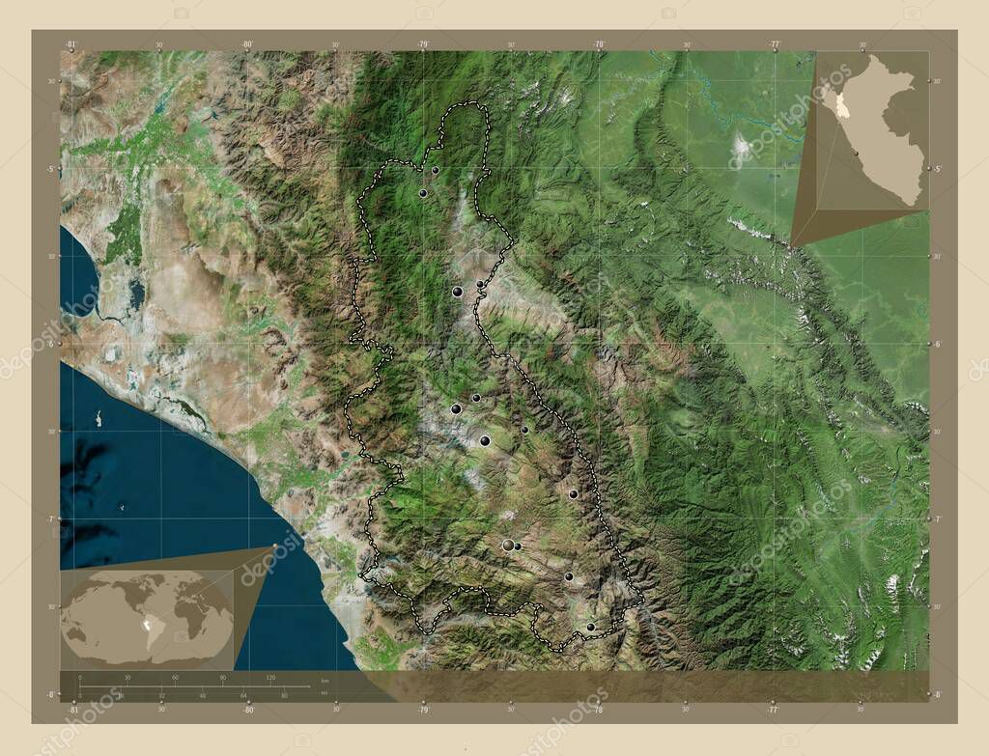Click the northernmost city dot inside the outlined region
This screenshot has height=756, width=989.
click(436, 170)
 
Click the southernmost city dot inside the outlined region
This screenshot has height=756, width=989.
click(590, 628)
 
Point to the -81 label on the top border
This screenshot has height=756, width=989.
click(71, 43)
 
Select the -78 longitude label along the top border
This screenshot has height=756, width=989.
click(599, 43)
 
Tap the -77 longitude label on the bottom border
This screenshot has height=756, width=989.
click(774, 709)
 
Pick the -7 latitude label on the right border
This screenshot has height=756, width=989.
click(935, 519)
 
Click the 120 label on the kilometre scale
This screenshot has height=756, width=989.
click(270, 678)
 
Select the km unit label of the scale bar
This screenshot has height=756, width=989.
click(325, 681)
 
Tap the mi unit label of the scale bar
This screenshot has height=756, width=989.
click(325, 691)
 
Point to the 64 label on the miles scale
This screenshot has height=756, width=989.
click(244, 695)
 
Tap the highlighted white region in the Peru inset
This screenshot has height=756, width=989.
click(842, 103)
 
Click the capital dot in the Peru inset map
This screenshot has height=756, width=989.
click(856, 153)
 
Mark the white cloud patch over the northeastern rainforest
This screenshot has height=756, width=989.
click(742, 147)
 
